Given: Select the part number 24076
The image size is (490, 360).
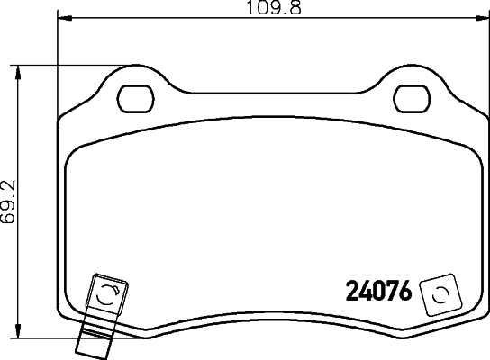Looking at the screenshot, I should pyautogui.click(x=379, y=292).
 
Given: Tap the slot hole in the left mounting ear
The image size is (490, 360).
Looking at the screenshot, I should pyautogui.click(x=138, y=94).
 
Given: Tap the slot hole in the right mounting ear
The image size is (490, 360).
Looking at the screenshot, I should pyautogui.click(x=413, y=94).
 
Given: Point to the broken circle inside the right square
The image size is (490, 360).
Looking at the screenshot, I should pyautogui.click(x=440, y=293).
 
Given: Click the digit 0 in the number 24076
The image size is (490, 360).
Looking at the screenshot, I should pyautogui.click(x=379, y=292).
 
